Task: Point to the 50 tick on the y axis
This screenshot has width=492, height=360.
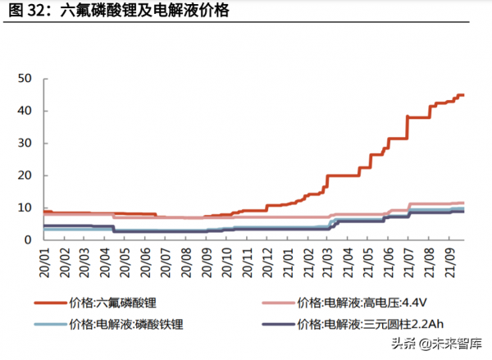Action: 25,78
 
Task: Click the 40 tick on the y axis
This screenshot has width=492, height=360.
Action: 25,111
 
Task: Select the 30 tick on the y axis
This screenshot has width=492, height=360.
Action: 25,143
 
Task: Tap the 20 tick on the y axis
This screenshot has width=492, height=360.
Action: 25,175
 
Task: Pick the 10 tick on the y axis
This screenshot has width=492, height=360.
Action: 25,207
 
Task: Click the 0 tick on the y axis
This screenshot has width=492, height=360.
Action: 27,239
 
